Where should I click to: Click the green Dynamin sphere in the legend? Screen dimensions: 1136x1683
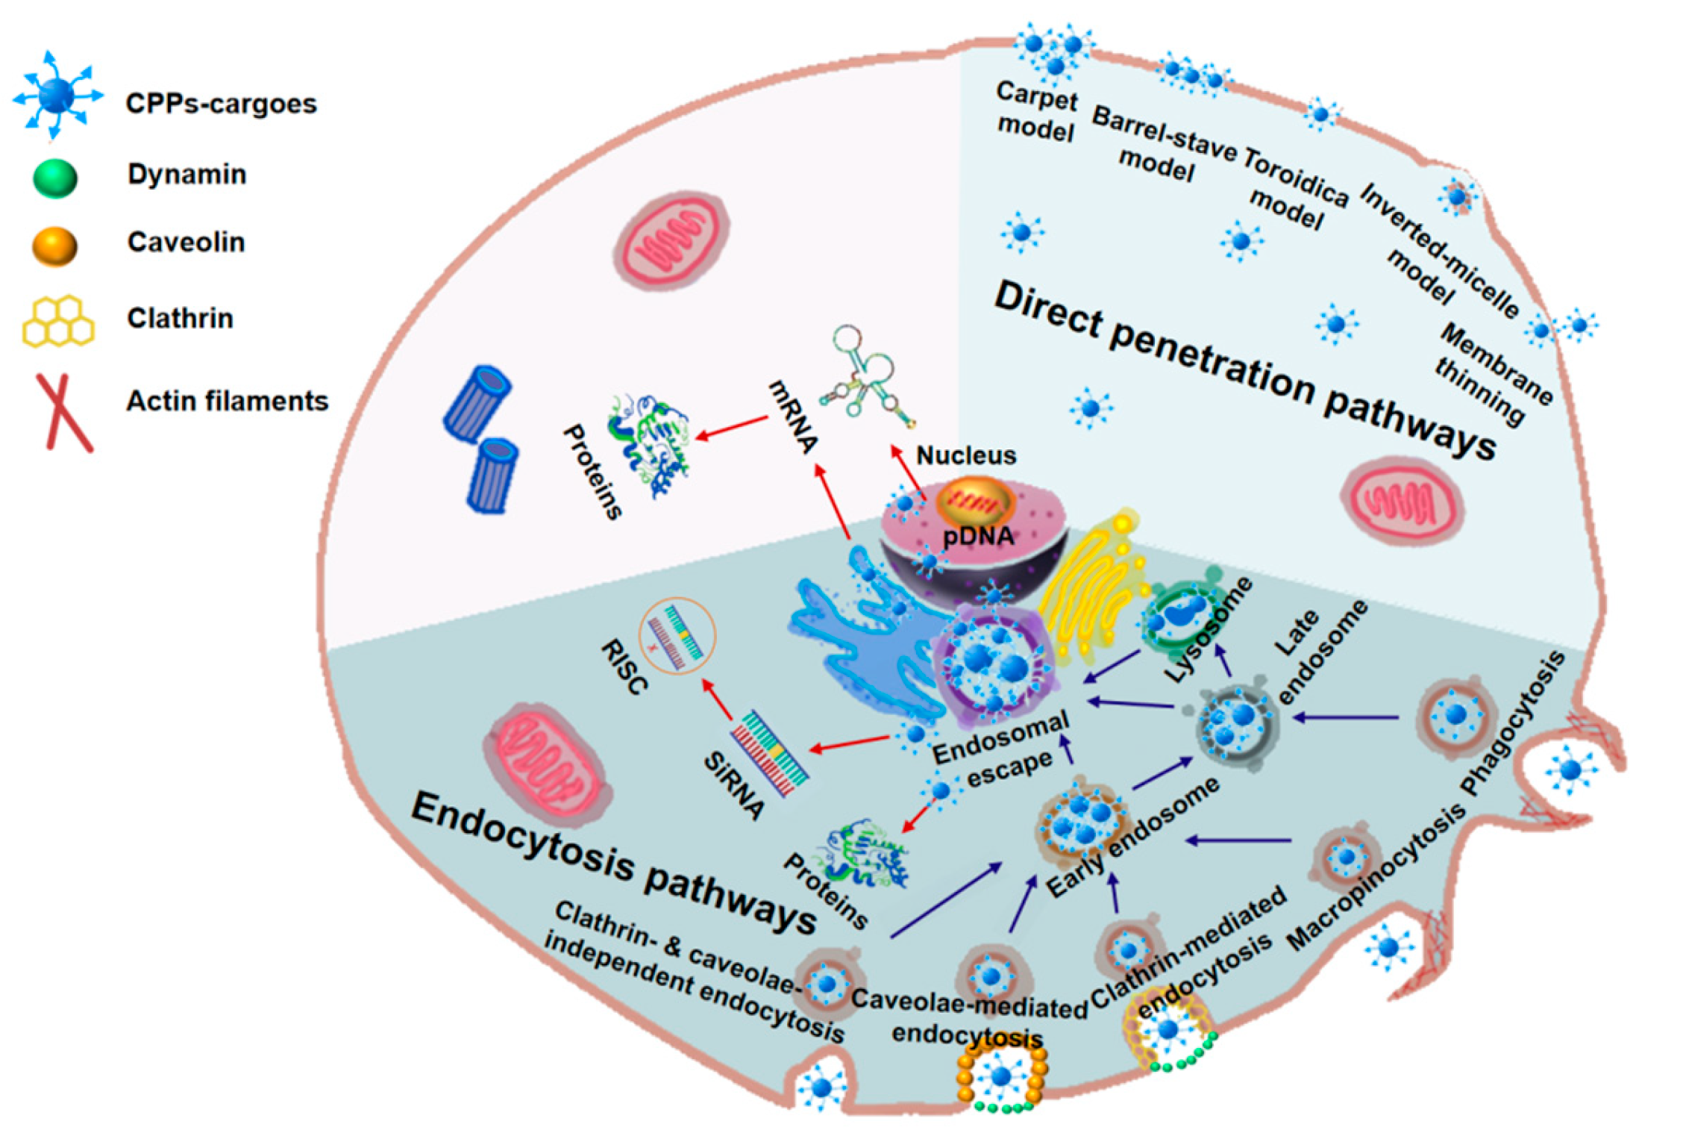click(x=55, y=178)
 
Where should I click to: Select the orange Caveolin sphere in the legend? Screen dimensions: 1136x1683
click(x=55, y=246)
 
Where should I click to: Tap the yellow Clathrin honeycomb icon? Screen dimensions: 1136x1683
click(x=58, y=320)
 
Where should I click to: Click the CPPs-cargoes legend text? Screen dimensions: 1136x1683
click(x=221, y=103)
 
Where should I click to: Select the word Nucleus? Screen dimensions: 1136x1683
click(x=965, y=455)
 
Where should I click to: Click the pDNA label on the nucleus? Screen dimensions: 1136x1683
click(x=977, y=535)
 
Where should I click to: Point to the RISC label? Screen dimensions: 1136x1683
click(x=623, y=667)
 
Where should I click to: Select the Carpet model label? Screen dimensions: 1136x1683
click(x=1037, y=112)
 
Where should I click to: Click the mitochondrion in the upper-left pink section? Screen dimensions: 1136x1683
click(x=671, y=240)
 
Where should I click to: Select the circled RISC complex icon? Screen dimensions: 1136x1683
click(x=677, y=635)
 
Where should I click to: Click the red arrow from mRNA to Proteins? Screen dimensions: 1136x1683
click(x=731, y=427)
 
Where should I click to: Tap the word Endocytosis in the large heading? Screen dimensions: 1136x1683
click(x=522, y=837)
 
